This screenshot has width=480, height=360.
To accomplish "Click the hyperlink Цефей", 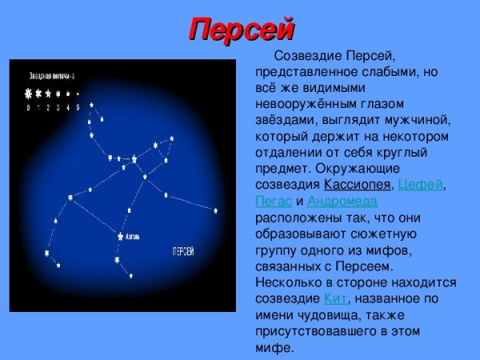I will pos(419,186).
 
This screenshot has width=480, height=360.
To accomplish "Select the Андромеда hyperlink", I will pos(342,202).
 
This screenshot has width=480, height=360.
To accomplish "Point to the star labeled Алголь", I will pos(121,236).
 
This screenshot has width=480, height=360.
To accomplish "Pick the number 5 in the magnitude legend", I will pos(78,106).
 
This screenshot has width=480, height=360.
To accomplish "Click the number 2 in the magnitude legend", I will pos(48,106).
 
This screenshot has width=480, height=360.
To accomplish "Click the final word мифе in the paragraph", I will pos(273,348).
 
